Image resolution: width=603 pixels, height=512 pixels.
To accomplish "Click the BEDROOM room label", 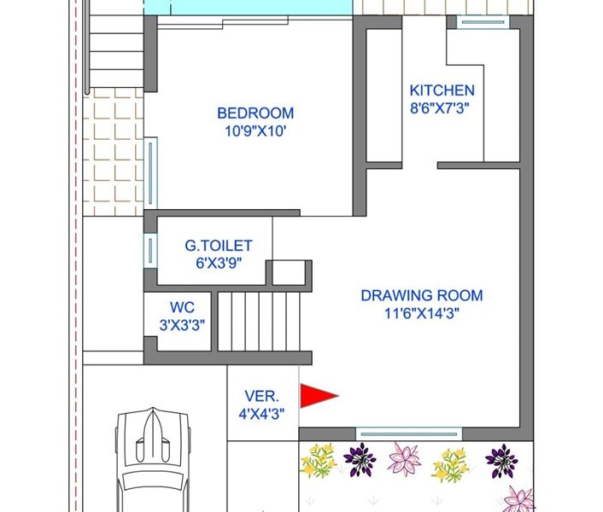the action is pos(255,113).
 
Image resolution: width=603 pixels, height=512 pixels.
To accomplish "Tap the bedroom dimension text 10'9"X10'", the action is pos(255,131).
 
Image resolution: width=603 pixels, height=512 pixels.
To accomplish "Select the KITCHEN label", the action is pos(442,90).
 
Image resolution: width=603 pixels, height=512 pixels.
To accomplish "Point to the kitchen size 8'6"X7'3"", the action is pos(440,108).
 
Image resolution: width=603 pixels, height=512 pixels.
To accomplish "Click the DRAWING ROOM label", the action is pos(422,296).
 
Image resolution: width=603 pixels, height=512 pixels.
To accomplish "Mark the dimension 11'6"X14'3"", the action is pos(422,314).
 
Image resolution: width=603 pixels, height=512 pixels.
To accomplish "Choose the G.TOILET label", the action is pos(219,246).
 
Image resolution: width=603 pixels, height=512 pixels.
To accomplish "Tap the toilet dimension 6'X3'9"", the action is pos(219,264).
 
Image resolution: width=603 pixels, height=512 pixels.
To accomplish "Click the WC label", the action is pos(182,308).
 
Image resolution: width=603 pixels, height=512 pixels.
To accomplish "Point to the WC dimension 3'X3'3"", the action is pos(182,325).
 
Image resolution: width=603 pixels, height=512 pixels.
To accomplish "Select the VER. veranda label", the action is pos(262,396).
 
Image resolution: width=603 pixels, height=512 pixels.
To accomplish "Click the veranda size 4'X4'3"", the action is pos(261,414).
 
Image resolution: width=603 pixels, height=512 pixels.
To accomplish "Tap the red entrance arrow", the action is pos(319,396).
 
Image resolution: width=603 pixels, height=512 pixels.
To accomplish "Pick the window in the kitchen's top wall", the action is pos(483,22).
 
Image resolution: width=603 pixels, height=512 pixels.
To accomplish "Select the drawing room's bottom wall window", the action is pos(409,434).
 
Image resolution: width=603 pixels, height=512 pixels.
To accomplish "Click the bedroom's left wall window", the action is pos(150,173).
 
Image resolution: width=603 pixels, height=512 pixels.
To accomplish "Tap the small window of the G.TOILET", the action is pos(150,250).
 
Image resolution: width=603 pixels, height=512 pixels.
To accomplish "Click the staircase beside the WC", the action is pos(259,322).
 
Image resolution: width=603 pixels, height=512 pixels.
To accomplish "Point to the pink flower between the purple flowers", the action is pos(405,459).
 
